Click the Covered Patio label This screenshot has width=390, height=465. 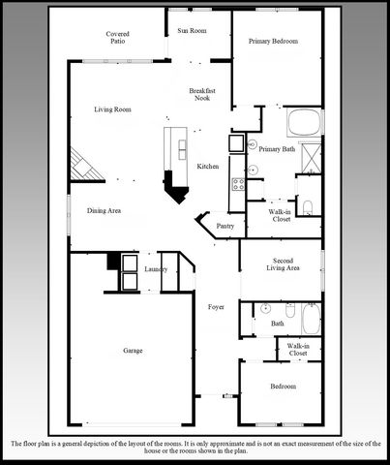pyautogui.click(x=118, y=38)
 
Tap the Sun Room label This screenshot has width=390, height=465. pyautogui.click(x=192, y=31)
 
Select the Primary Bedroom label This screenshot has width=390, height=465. pyautogui.click(x=272, y=42)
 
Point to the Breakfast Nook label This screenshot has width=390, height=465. pyautogui.click(x=201, y=94)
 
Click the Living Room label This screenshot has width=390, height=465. pyautogui.click(x=112, y=109)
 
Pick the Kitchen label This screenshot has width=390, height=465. pyautogui.click(x=208, y=167)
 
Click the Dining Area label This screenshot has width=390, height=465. pyautogui.click(x=104, y=210)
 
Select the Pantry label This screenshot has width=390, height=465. pyautogui.click(x=225, y=226)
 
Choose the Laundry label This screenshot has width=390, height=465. pyautogui.click(x=156, y=268)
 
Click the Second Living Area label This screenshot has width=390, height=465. pyautogui.click(x=284, y=264)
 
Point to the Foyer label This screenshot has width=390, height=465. pyautogui.click(x=216, y=307)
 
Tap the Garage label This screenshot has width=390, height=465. pyautogui.click(x=133, y=350)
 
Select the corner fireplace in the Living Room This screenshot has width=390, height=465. pyautogui.click(x=85, y=164)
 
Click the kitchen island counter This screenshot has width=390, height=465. pyautogui.click(x=176, y=145)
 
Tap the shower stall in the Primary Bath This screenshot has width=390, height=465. pyautogui.click(x=312, y=157)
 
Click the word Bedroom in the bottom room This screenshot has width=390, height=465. pyautogui.click(x=284, y=387)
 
